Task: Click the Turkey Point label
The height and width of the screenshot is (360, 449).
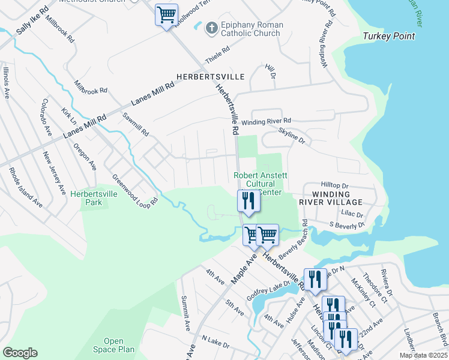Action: point(388,37)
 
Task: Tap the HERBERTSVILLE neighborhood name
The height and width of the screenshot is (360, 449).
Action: point(210,77)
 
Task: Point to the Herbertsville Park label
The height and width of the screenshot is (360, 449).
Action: point(94,198)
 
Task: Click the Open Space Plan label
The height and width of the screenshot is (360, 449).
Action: point(113,345)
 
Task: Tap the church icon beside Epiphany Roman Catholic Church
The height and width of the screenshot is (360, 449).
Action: point(211,28)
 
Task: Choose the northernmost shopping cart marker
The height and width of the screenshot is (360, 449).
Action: point(166,14)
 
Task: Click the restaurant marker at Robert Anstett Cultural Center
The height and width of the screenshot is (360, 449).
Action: point(248,201)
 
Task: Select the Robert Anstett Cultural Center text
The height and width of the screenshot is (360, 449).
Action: point(261,184)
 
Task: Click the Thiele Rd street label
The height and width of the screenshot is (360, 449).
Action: point(217,56)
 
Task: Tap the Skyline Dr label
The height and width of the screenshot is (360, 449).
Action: point(292,135)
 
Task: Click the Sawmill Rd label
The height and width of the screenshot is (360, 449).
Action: point(135,124)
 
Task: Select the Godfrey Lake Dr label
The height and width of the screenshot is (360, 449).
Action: point(268,293)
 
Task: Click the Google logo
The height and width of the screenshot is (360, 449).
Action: point(20,353)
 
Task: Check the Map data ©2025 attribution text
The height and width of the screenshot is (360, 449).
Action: point(423,355)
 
